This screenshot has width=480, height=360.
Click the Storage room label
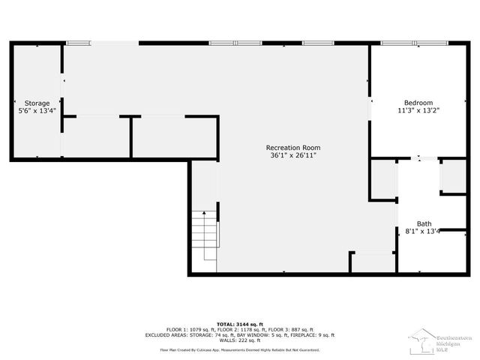(x=37, y=103)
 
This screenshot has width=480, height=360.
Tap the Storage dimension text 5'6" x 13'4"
(x=37, y=111)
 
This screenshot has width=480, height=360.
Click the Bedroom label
(x=418, y=103)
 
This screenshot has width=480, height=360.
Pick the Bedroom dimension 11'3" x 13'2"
(x=418, y=111)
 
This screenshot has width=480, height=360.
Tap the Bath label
(x=424, y=223)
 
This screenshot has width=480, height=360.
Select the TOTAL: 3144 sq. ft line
(x=240, y=323)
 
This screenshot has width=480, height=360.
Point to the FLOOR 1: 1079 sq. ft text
(x=184, y=329)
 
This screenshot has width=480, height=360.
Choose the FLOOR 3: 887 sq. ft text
(x=294, y=329)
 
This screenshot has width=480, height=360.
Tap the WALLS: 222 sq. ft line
(x=240, y=340)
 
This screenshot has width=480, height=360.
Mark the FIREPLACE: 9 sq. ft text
(x=310, y=335)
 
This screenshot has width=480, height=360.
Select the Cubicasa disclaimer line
(x=240, y=349)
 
